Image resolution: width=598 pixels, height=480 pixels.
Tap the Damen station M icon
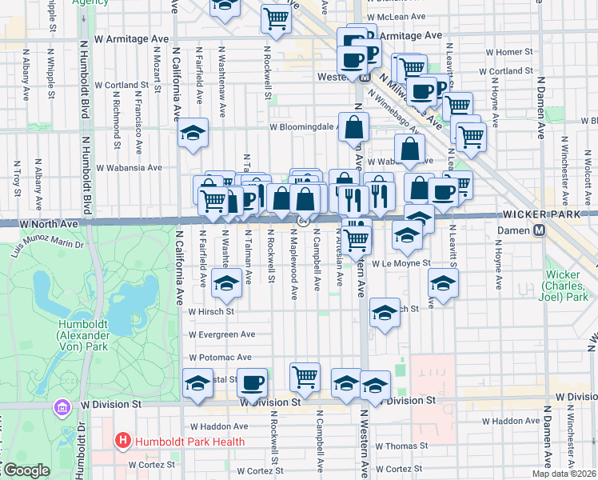[x=540, y=230]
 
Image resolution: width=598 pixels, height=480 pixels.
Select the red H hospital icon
[x=122, y=440]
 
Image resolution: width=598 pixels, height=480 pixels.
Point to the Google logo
[x=26, y=470]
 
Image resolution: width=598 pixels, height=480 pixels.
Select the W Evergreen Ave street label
[x=221, y=334]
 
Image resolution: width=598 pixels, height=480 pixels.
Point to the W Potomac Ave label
[x=220, y=358]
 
